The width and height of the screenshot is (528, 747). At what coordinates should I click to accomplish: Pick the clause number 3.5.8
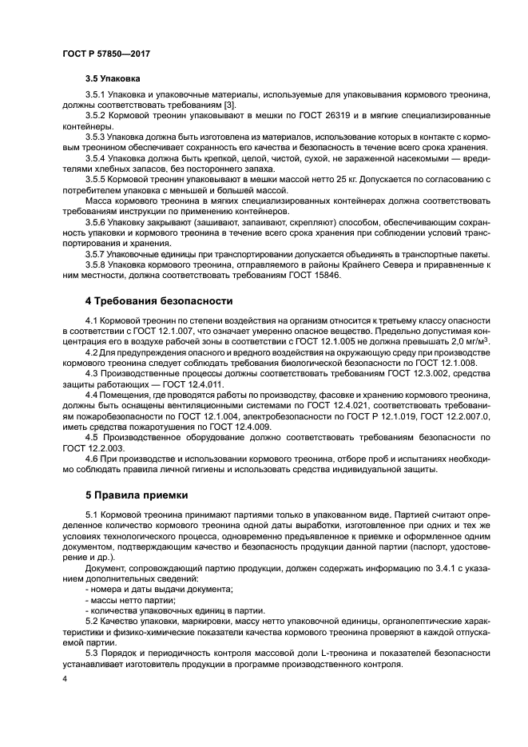97,263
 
